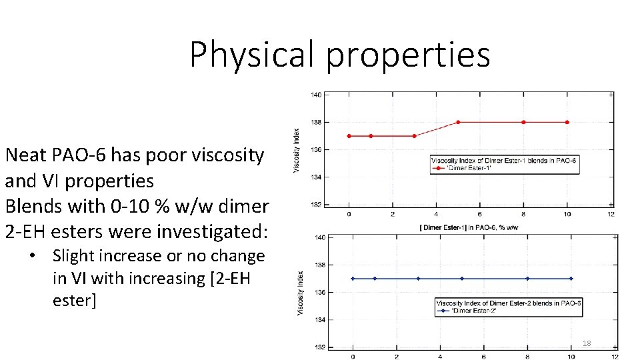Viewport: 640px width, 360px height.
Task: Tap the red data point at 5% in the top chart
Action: (458, 122)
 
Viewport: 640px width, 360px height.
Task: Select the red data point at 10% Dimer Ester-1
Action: (567, 122)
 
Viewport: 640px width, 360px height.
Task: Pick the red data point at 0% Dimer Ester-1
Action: (349, 136)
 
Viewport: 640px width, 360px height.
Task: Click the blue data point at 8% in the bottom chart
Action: (527, 279)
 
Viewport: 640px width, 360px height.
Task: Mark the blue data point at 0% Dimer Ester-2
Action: (353, 279)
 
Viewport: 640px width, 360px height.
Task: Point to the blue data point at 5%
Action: (462, 279)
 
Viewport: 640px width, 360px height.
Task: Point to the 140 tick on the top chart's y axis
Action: (315, 95)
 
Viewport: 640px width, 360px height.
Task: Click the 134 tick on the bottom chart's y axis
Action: (319, 320)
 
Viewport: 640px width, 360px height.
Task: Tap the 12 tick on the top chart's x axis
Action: (611, 214)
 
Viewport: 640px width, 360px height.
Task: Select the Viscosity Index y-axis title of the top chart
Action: (297, 150)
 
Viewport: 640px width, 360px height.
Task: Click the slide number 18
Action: (587, 343)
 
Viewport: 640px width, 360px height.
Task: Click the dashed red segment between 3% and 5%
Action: (436, 129)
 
